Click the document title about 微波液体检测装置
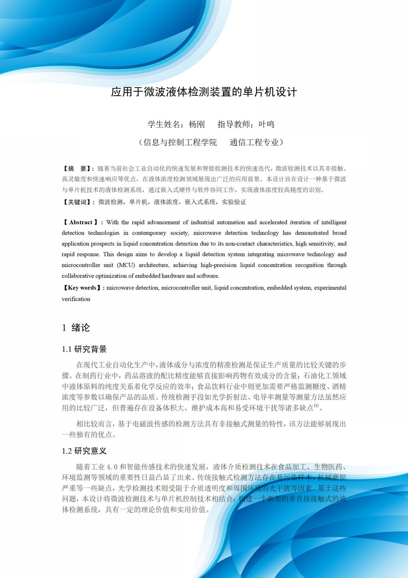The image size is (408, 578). pyautogui.click(x=204, y=92)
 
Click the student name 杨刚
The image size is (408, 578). pyautogui.click(x=197, y=124)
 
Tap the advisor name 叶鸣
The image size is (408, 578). pyautogui.click(x=267, y=124)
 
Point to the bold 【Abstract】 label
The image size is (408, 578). pyautogui.click(x=81, y=222)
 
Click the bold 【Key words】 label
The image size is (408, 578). pyautogui.click(x=82, y=288)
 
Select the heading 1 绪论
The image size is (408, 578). pyautogui.click(x=76, y=327)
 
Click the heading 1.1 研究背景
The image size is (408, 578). pyautogui.click(x=84, y=349)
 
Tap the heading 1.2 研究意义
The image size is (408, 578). pyautogui.click(x=84, y=451)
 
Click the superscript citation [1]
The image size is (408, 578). pyautogui.click(x=316, y=406)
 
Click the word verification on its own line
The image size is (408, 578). pyautogui.click(x=76, y=299)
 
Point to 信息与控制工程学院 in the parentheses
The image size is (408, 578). pyautogui.click(x=180, y=142)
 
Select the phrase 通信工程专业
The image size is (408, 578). pyautogui.click(x=254, y=142)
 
